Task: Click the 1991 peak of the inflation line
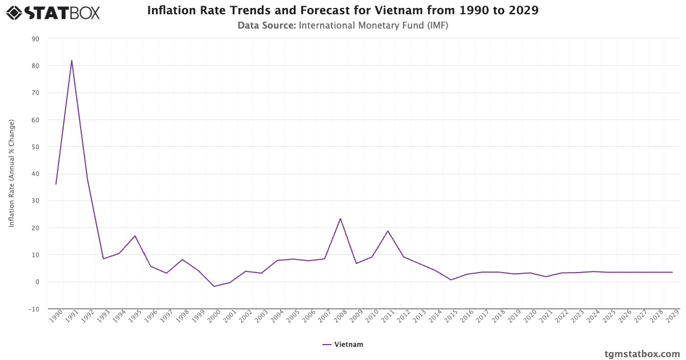71,61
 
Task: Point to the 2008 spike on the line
340,218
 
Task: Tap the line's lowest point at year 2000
214,286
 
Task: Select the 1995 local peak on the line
135,236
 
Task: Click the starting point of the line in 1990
55,184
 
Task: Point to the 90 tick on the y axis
35,39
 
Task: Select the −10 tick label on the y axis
33,309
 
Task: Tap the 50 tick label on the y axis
35,147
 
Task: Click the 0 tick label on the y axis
37,282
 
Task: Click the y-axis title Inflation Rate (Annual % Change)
11,173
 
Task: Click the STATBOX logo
53,12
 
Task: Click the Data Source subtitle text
343,26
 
